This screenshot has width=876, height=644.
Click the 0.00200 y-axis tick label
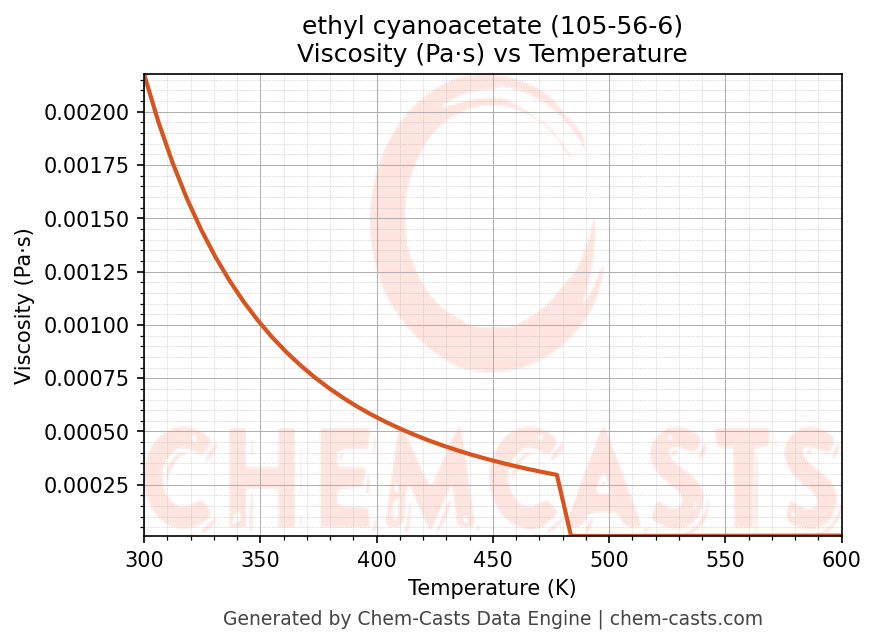click(86, 112)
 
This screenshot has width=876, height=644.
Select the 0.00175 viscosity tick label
click(86, 165)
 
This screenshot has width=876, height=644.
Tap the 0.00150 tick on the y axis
click(86, 219)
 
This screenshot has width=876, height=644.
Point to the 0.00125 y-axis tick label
click(86, 272)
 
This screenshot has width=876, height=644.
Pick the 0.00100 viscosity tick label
click(86, 326)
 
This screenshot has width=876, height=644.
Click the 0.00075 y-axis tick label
click(86, 379)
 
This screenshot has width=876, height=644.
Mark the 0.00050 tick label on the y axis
click(86, 432)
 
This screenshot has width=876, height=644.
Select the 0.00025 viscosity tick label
click(86, 486)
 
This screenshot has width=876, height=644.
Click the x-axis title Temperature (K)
click(492, 588)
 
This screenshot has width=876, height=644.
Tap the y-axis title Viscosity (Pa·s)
click(24, 306)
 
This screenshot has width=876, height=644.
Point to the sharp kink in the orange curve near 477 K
click(556, 475)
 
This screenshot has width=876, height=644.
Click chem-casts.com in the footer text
click(686, 619)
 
